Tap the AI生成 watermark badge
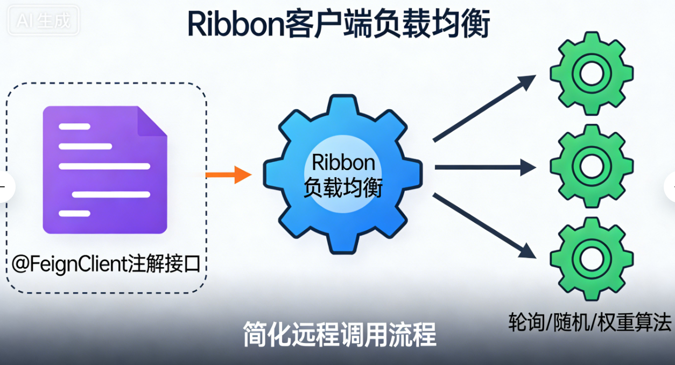pyautogui.click(x=44, y=22)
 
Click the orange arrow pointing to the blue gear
pyautogui.click(x=228, y=174)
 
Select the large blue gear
pyautogui.click(x=342, y=174)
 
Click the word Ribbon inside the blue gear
pyautogui.click(x=343, y=163)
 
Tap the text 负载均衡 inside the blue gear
pyautogui.click(x=343, y=188)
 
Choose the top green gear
pyautogui.click(x=591, y=73)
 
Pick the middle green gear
pyautogui.click(x=591, y=164)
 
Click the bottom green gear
pyautogui.click(x=591, y=257)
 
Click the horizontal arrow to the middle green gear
pyautogui.click(x=484, y=168)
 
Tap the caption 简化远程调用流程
pyautogui.click(x=339, y=334)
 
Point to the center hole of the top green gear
pyautogui.click(x=591, y=73)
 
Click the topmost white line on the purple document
pyautogui.click(x=74, y=127)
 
